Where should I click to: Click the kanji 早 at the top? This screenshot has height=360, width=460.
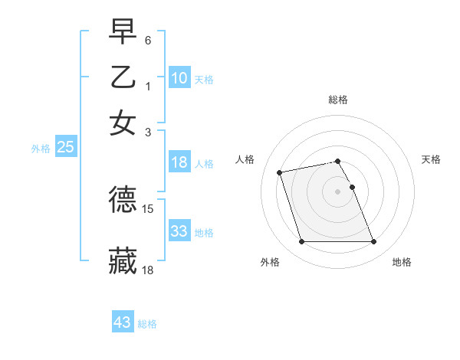[123, 33]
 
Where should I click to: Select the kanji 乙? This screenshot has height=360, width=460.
[123, 77]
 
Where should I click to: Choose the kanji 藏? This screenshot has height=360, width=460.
[123, 260]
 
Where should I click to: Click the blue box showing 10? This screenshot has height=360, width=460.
[179, 77]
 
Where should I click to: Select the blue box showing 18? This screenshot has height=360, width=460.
[179, 162]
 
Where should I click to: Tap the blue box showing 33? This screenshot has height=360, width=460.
[179, 231]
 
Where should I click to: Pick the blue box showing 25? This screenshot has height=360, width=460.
[65, 148]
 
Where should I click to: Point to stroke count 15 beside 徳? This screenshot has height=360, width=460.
[149, 208]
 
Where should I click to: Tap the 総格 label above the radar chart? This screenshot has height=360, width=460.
[338, 100]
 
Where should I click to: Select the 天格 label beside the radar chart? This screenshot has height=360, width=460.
[432, 159]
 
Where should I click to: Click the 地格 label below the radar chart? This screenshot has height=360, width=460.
[402, 262]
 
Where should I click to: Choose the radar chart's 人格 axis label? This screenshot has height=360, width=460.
[245, 159]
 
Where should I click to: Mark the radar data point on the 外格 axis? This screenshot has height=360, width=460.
[301, 242]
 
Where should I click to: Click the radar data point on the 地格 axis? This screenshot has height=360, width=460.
[373, 242]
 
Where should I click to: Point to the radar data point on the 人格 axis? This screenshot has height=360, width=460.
[280, 172]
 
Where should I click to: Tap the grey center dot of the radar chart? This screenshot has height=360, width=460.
[338, 191]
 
